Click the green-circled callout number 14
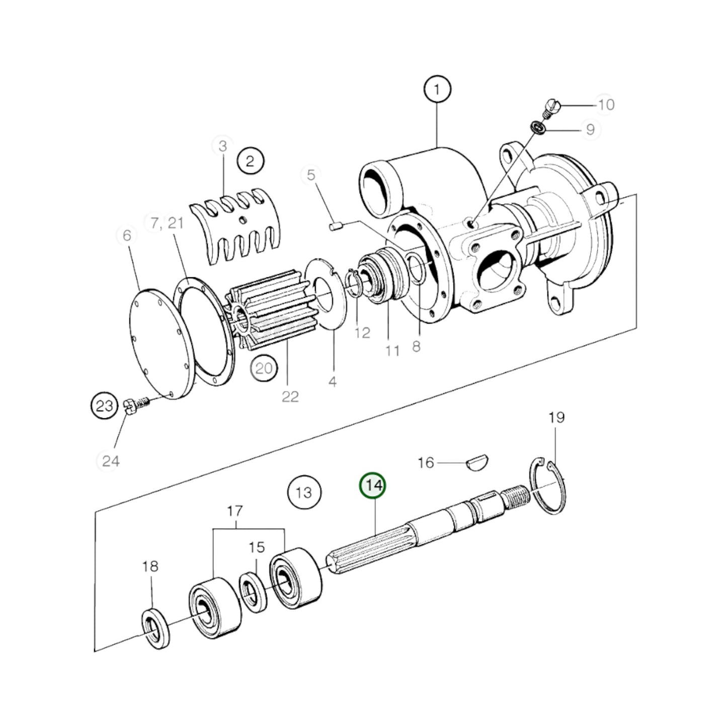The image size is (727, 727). [372, 486]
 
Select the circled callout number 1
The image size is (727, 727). [437, 90]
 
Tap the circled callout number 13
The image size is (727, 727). [304, 492]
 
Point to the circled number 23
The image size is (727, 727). [104, 406]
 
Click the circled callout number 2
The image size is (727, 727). [250, 161]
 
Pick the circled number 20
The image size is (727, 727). [264, 368]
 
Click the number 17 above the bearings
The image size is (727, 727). [234, 511]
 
